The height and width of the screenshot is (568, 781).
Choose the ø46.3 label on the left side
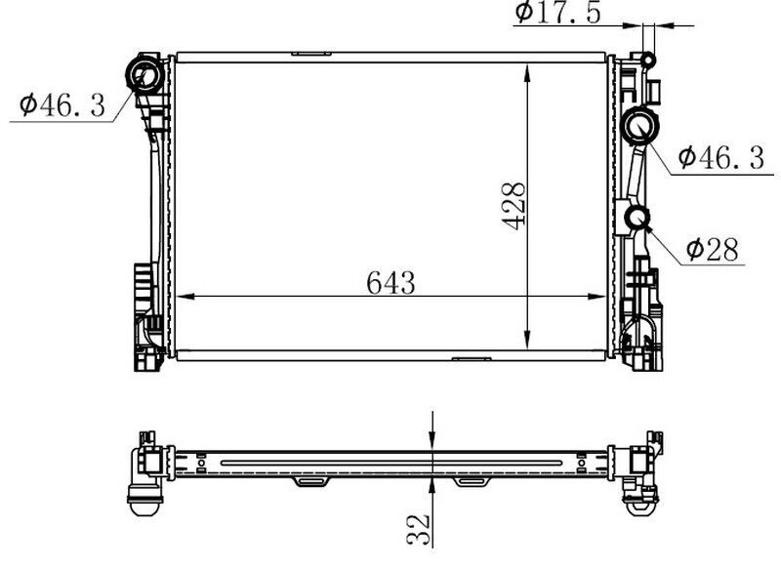click(x=61, y=104)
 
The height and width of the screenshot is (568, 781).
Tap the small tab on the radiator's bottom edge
click(x=471, y=358)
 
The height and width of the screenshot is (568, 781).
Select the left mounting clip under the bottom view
click(x=308, y=481)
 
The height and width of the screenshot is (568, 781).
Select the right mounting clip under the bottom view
click(x=470, y=481)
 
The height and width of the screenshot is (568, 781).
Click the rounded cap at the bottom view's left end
click(x=142, y=506)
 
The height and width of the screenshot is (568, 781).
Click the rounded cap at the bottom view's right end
click(x=641, y=506)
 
